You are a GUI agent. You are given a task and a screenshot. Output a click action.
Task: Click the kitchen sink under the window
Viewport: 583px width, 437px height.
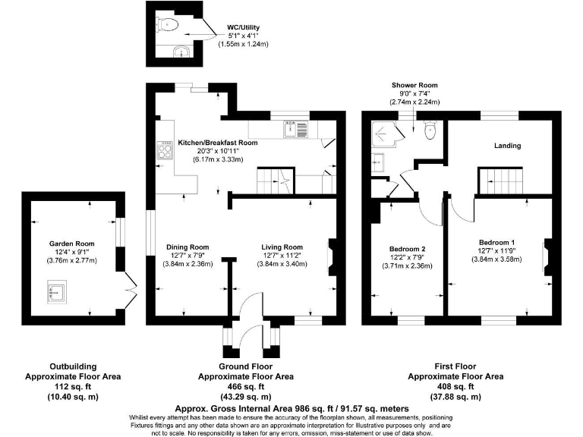coord(295,129)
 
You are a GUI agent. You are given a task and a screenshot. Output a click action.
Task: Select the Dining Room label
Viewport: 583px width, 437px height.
coord(188,247)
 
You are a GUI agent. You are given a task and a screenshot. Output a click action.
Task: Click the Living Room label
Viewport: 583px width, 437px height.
coord(282,247)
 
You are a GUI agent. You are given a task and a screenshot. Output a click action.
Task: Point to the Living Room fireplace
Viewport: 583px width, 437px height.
coord(331,257)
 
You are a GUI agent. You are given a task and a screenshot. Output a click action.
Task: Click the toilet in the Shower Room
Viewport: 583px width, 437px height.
coord(430,130)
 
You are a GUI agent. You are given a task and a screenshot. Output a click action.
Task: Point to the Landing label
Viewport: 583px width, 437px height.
coord(507,146)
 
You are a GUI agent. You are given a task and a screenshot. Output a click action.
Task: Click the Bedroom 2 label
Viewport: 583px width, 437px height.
coord(407,249)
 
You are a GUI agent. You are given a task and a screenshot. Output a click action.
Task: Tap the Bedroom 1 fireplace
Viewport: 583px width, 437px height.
coord(547,257)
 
